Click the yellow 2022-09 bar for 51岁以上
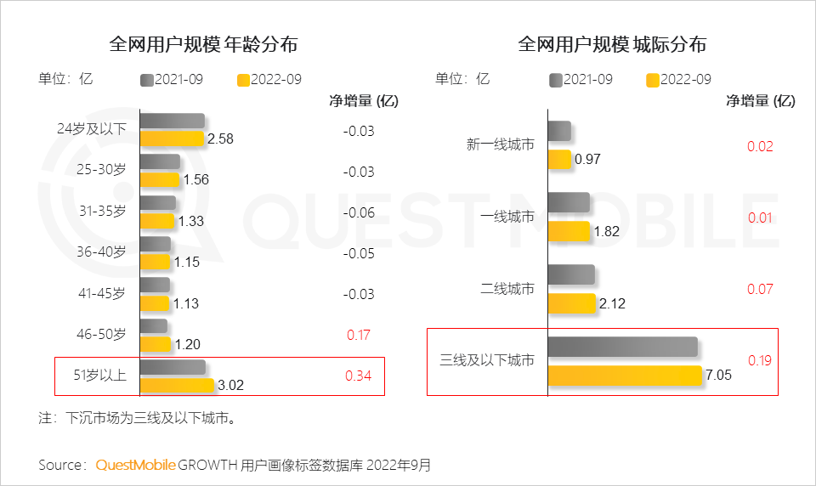176,385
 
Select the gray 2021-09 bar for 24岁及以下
172,121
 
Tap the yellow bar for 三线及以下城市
625,376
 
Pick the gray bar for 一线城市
568,202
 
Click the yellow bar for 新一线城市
558,159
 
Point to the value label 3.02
231,385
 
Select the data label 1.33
190,221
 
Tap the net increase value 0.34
359,376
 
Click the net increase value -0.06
359,212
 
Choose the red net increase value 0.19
760,360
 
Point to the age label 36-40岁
100,252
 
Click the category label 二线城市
507,289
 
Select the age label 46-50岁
100,334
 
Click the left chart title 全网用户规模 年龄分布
203,44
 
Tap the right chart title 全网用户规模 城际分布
612,44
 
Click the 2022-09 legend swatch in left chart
243,80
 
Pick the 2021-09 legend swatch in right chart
557,80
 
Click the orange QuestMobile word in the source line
135,465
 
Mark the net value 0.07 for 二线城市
760,289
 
